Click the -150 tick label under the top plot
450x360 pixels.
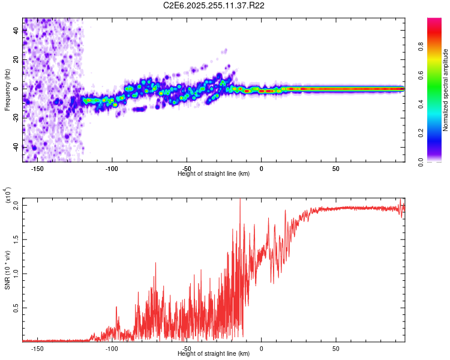click(x=37, y=169)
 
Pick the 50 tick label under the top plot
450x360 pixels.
click(x=336, y=169)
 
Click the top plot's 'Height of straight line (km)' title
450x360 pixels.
click(x=214, y=173)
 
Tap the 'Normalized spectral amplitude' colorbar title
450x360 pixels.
click(x=446, y=90)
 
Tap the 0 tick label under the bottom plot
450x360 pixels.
click(x=262, y=348)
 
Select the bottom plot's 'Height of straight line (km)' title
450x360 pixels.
click(x=214, y=353)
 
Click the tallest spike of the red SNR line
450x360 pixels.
click(x=240, y=199)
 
